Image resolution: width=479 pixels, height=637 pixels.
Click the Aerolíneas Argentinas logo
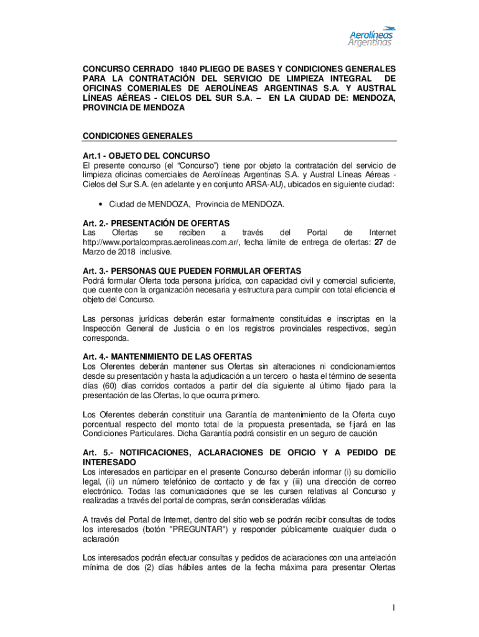[371, 37]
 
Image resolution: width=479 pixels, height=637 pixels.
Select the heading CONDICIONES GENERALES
[137, 136]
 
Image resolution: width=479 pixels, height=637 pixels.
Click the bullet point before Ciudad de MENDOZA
[101, 204]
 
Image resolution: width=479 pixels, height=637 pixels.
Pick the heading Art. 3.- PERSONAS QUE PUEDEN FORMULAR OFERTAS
[192, 271]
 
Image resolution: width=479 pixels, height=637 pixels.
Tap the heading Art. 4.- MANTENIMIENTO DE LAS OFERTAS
[167, 356]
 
